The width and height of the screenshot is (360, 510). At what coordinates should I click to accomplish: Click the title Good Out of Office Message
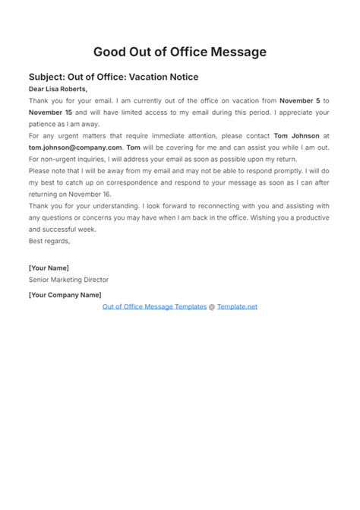coord(180,52)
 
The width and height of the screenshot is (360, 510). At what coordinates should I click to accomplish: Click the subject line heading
coord(114,77)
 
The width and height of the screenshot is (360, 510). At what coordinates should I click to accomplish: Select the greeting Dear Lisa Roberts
coord(58,89)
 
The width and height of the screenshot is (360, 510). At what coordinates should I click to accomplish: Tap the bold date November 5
coord(300,100)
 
